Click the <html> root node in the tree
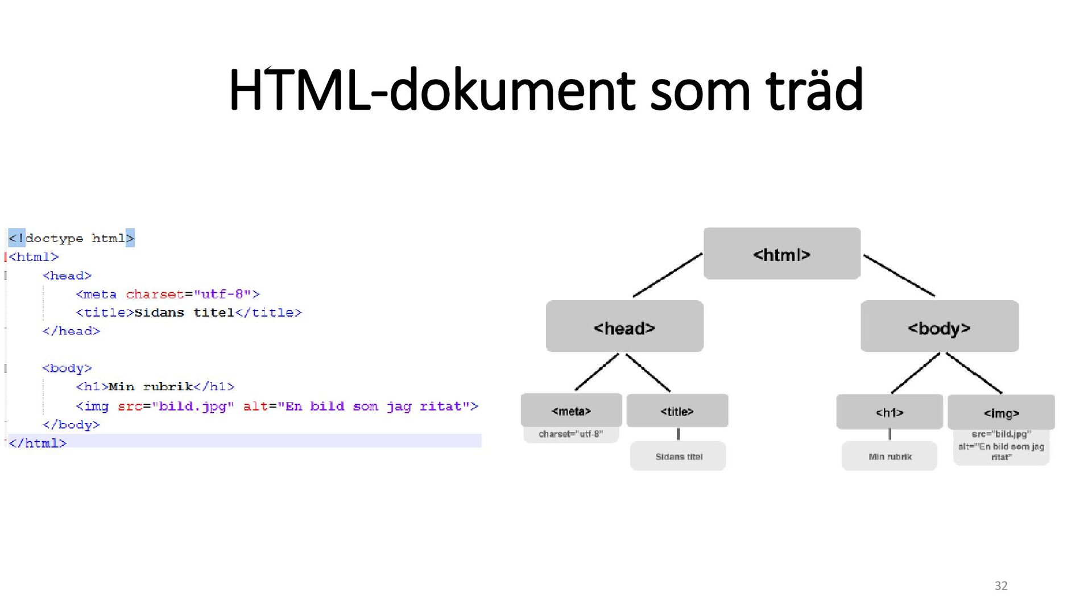click(781, 254)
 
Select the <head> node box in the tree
click(624, 326)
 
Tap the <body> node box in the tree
click(939, 326)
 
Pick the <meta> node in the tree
click(571, 410)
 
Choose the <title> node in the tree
click(677, 410)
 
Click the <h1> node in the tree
click(890, 412)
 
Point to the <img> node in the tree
click(1001, 412)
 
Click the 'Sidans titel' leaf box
click(678, 456)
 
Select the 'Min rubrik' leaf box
click(890, 456)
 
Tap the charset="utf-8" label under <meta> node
click(570, 434)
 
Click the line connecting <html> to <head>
click(668, 275)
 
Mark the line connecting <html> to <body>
click(899, 275)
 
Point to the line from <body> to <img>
click(974, 373)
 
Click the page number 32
click(1001, 586)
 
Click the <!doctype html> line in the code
click(71, 238)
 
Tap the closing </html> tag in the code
click(38, 443)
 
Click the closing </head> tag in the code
click(71, 331)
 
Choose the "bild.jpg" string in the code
click(193, 406)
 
